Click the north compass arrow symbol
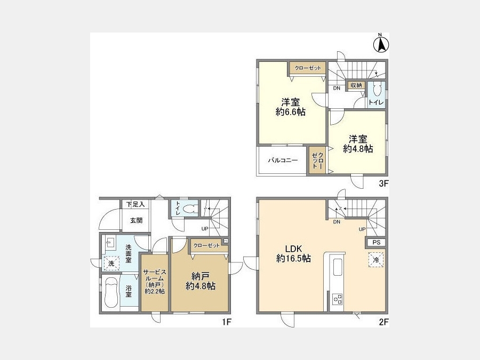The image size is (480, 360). click(x=381, y=43)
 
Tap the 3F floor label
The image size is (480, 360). click(x=383, y=183)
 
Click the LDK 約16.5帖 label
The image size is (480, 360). click(x=293, y=254)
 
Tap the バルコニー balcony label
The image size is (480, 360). click(x=283, y=160)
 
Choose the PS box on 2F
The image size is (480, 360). click(x=377, y=243)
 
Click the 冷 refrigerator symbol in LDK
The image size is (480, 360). click(x=376, y=260)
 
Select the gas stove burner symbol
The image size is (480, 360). click(x=338, y=299)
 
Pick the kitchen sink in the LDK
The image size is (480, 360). click(x=338, y=267)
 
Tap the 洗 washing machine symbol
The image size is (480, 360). click(x=111, y=263)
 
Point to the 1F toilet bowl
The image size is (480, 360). click(x=188, y=209)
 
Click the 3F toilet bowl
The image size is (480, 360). click(x=377, y=90)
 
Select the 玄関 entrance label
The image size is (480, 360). click(x=136, y=220)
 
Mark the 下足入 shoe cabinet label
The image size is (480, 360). click(x=135, y=204)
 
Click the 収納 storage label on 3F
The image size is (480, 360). click(x=356, y=85)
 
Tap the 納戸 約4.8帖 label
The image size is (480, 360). click(x=201, y=281)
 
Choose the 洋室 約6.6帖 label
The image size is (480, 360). click(x=291, y=107)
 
